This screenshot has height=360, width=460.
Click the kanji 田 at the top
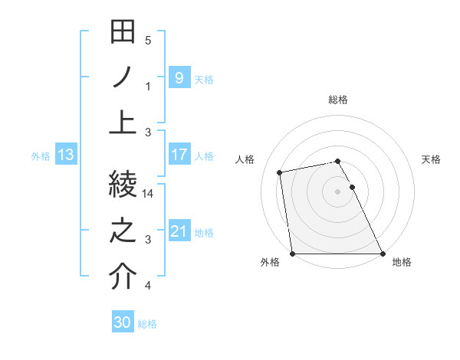[x=123, y=34]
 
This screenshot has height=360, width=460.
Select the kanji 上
[x=123, y=122]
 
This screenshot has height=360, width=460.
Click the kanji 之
[x=123, y=231]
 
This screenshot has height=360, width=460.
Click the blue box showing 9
[x=179, y=77]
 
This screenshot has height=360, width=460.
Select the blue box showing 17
[x=179, y=155]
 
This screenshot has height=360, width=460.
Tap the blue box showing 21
[x=179, y=231]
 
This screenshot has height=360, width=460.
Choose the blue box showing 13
[x=66, y=155]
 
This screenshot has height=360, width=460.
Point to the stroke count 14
[x=149, y=195]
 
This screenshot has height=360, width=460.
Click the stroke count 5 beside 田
[x=148, y=41]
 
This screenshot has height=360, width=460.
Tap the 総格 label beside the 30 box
[x=147, y=324]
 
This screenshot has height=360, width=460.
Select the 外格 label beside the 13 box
[x=41, y=156]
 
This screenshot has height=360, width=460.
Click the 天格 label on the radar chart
[x=432, y=159]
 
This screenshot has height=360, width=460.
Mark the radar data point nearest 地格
[x=383, y=254]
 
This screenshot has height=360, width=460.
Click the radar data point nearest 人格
[x=281, y=172]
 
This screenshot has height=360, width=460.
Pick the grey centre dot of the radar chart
[x=337, y=191]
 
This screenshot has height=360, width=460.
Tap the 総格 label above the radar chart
[x=337, y=100]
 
